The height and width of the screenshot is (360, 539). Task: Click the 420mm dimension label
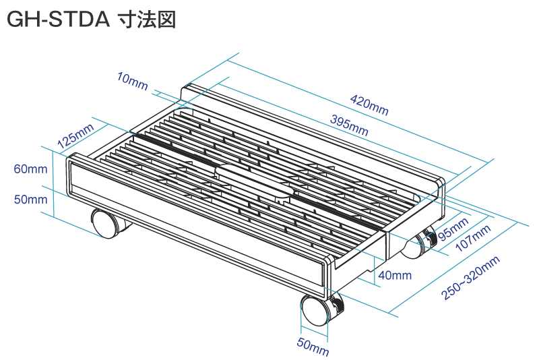tap(369, 105)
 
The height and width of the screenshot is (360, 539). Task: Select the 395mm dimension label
tap(349, 125)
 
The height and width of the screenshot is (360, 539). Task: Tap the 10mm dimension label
tap(132, 82)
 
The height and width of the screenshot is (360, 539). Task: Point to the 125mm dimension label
tap(75, 136)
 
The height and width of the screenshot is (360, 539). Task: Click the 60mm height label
tap(30, 169)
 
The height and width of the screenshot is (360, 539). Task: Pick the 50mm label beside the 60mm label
tap(30, 200)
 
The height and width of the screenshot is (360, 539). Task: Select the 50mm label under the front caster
tap(313, 347)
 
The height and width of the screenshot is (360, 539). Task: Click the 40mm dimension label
tap(395, 275)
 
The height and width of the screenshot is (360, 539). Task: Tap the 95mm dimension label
tap(453, 229)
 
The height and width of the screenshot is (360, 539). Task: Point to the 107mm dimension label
tap(473, 238)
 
